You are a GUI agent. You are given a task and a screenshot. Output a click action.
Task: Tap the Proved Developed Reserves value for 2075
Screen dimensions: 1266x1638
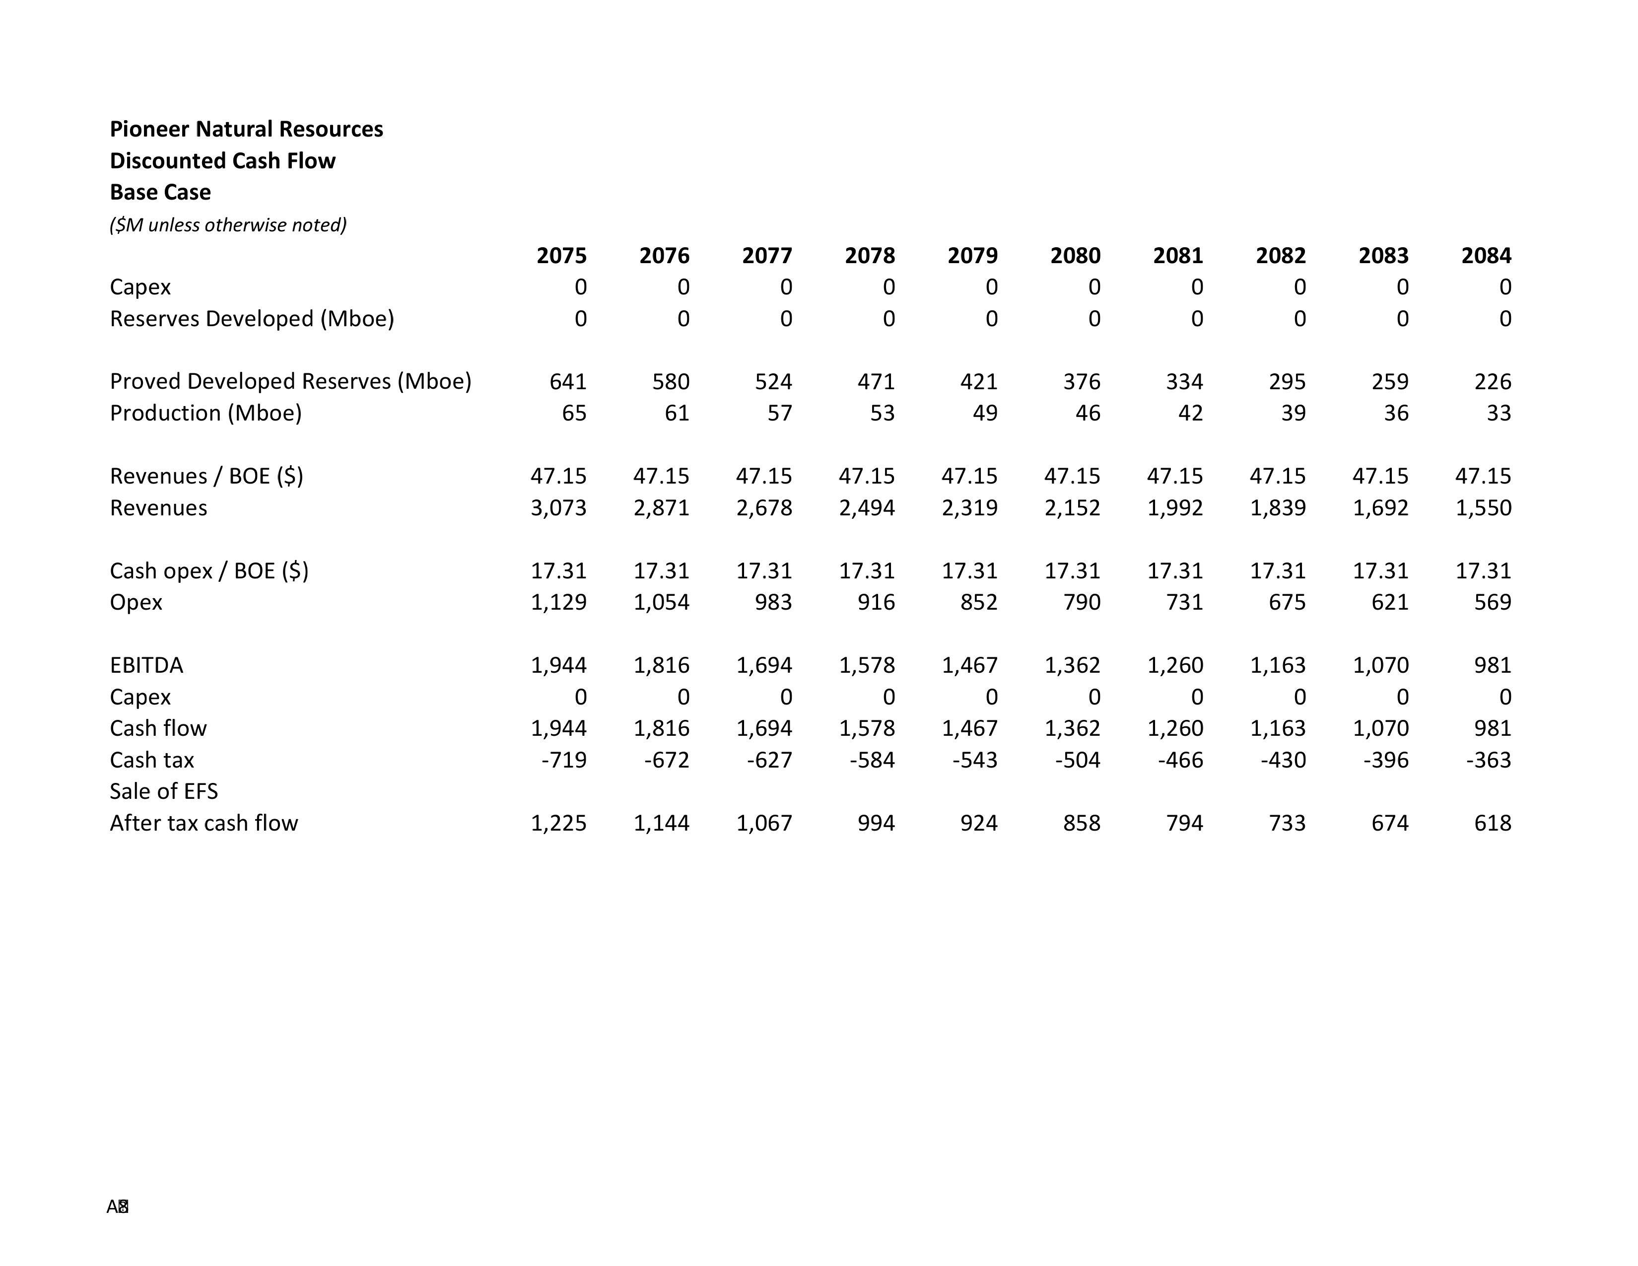[568, 382]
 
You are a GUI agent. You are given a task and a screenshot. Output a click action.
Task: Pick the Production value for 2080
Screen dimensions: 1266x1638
[1088, 413]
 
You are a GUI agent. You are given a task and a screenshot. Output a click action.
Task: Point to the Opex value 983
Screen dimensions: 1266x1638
[773, 602]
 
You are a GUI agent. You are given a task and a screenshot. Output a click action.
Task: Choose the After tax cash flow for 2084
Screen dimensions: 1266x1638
[1493, 824]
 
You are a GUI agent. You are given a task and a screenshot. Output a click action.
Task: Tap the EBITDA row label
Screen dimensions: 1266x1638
[146, 665]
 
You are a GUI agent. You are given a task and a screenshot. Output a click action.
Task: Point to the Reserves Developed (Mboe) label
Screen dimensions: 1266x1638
[252, 319]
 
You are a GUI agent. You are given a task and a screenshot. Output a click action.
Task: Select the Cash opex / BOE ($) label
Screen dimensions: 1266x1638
[209, 571]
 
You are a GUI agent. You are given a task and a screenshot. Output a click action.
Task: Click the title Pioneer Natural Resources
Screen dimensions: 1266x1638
[246, 129]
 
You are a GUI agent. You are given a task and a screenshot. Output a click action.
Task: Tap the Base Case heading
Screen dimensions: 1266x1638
[160, 192]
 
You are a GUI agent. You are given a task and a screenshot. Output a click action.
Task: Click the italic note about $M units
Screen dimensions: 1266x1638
[228, 225]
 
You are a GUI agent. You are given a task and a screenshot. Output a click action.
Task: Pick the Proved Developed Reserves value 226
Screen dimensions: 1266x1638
[1493, 382]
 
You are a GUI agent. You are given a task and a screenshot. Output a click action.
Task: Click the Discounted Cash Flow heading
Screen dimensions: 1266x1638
[223, 160]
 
